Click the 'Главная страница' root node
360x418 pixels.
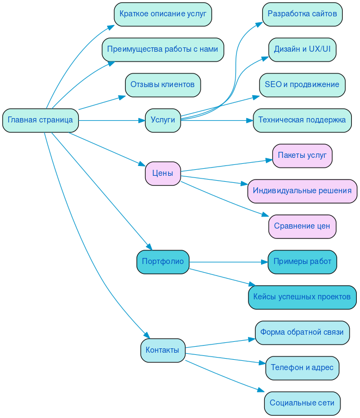pos(41,120)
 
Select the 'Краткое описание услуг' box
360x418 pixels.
pos(163,14)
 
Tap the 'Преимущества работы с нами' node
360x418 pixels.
pos(163,50)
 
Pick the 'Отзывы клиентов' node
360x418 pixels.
pos(163,85)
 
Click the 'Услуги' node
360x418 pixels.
pos(163,120)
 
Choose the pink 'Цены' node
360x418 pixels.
pos(163,174)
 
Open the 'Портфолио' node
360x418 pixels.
pos(163,262)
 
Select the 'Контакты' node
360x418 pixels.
pos(163,351)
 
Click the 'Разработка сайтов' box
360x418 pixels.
pos(302,14)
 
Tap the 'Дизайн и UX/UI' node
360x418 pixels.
pos(302,50)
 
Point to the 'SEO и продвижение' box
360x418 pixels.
pos(302,85)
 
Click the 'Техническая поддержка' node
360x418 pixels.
pos(302,120)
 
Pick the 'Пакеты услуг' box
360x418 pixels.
pos(302,156)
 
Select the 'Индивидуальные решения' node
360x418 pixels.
pos(302,191)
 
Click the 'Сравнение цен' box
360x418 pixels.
pos(302,226)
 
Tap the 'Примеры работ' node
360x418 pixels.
pos(302,262)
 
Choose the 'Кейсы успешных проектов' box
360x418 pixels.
pos(302,297)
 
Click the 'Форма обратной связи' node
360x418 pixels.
pos(302,333)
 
